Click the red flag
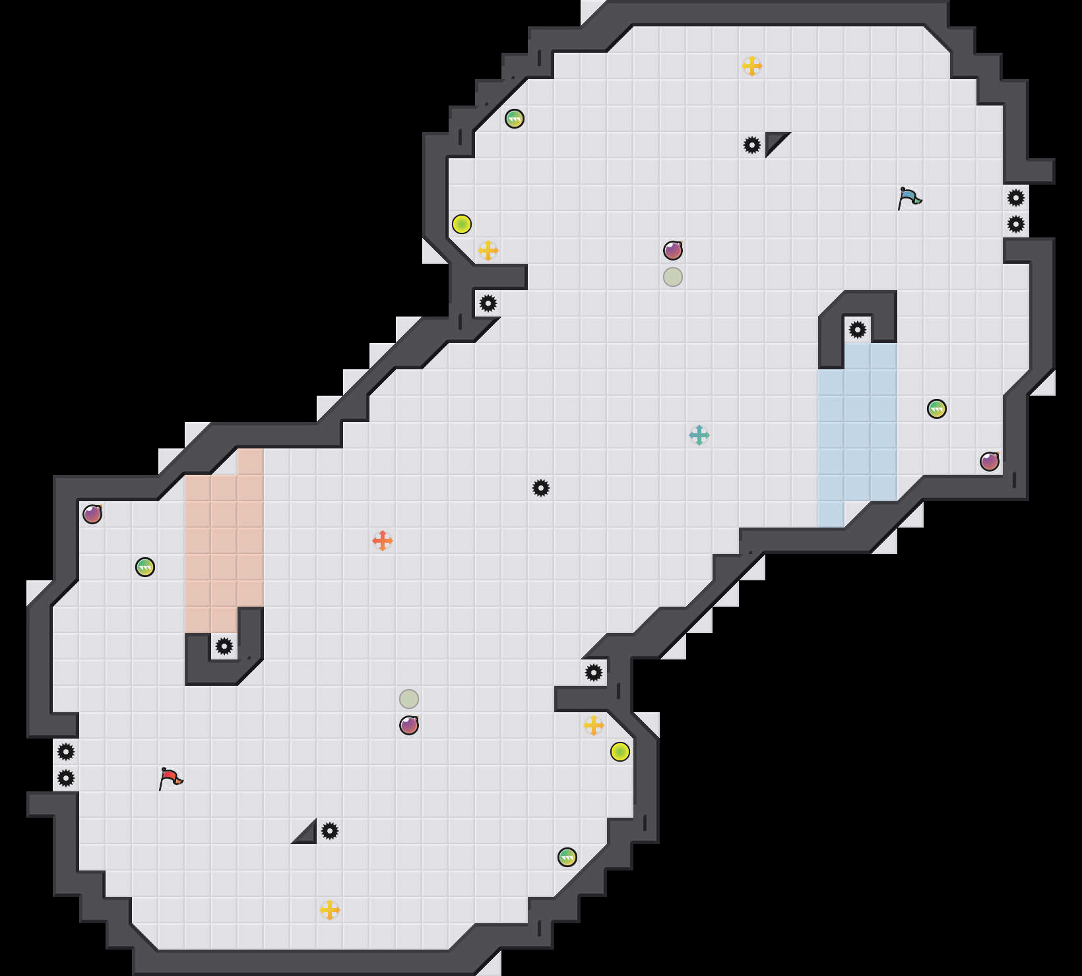170,778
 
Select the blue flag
909,198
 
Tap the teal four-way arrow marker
699,435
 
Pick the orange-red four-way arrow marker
383,541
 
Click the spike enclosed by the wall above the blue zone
858,330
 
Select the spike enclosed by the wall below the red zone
224,646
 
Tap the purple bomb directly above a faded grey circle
673,251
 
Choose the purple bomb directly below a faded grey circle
409,725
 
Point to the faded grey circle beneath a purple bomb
673,277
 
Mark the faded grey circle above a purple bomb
409,699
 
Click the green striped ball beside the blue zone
937,409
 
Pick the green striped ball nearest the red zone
145,567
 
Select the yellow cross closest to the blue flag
752,66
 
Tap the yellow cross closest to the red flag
330,910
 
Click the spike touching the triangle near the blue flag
752,145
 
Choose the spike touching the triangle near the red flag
330,831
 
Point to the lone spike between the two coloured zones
541,488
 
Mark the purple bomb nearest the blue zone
990,462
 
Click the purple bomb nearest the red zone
92,514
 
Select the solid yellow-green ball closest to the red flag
620,752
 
